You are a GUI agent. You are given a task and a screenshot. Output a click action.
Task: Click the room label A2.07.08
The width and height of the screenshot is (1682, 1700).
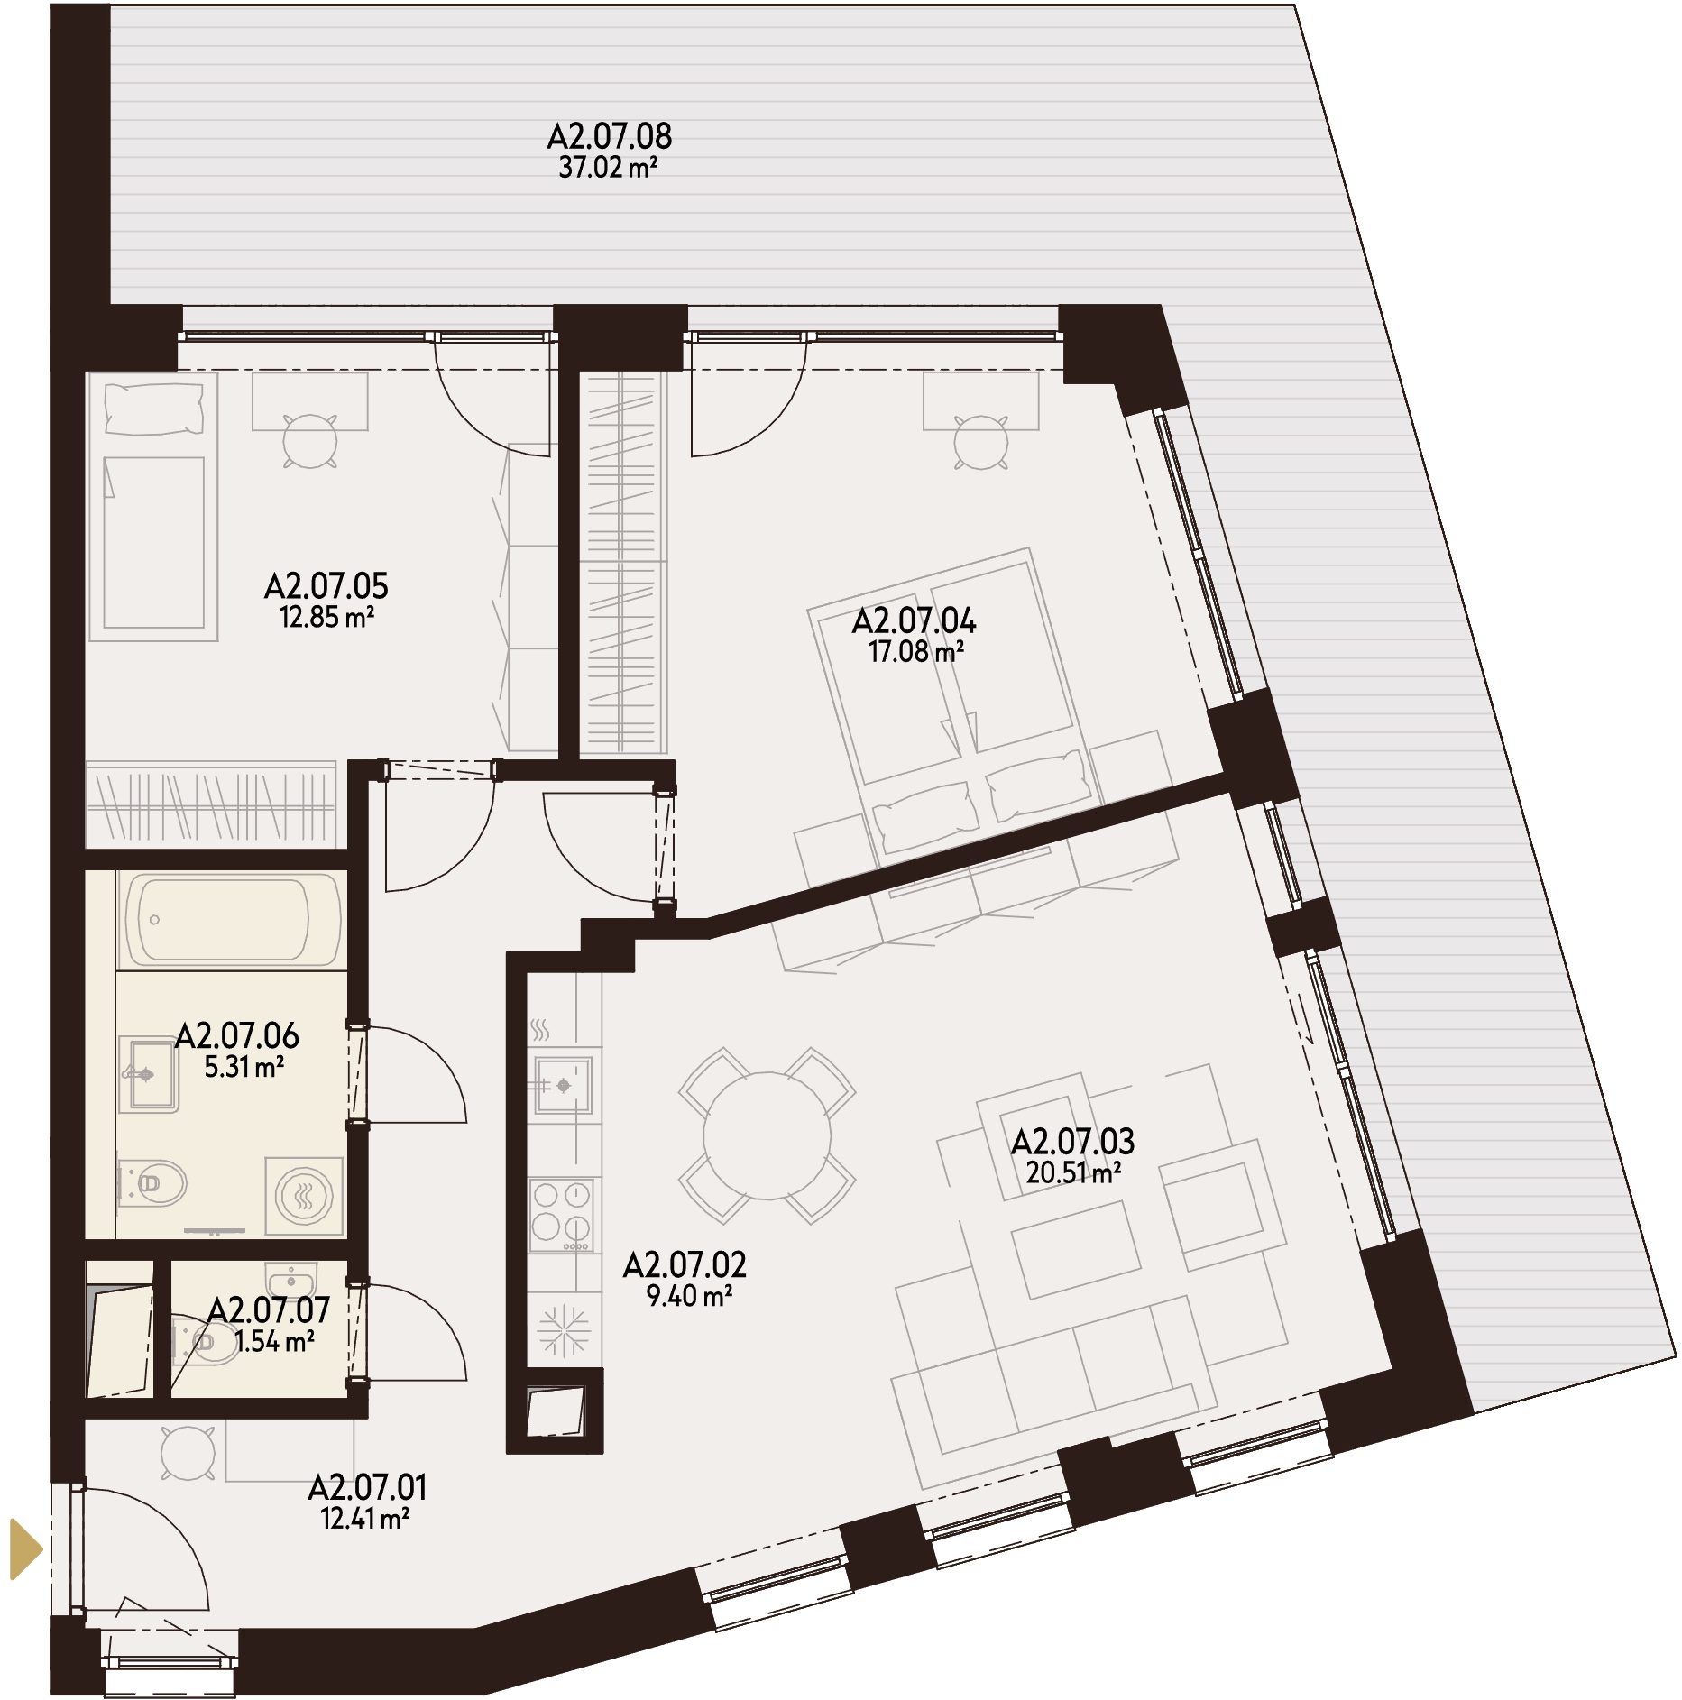tap(610, 136)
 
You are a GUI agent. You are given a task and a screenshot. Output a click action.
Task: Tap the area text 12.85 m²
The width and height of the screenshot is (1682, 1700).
tap(326, 618)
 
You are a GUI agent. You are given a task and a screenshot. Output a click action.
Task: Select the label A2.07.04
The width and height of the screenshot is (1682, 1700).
tap(914, 620)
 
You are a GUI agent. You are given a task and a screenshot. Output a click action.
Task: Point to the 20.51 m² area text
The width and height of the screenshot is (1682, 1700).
tap(1073, 1172)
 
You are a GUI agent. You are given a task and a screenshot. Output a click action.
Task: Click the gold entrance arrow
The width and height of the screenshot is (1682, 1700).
tap(25, 1549)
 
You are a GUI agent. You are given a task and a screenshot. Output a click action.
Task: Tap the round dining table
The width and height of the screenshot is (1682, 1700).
tap(767, 1135)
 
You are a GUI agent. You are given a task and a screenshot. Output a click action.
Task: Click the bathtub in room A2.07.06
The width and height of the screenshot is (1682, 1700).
tap(232, 920)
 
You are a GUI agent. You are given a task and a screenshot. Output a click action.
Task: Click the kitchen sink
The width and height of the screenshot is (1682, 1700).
tap(562, 1085)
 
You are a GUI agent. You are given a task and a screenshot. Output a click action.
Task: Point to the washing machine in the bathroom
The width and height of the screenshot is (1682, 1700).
tap(305, 1197)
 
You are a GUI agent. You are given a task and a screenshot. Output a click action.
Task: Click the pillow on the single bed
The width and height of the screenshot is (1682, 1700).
tap(153, 409)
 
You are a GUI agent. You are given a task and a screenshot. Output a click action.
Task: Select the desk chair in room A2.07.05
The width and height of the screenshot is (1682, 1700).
tap(310, 441)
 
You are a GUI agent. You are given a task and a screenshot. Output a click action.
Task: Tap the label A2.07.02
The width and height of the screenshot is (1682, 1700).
tap(685, 1265)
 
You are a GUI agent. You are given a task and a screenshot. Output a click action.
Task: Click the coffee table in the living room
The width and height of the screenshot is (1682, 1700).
tap(1075, 1250)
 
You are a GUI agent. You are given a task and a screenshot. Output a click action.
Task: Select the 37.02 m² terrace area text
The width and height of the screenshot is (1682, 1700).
tap(608, 168)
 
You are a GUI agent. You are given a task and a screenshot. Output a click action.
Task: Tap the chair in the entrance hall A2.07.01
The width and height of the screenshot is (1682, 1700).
tap(188, 1453)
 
